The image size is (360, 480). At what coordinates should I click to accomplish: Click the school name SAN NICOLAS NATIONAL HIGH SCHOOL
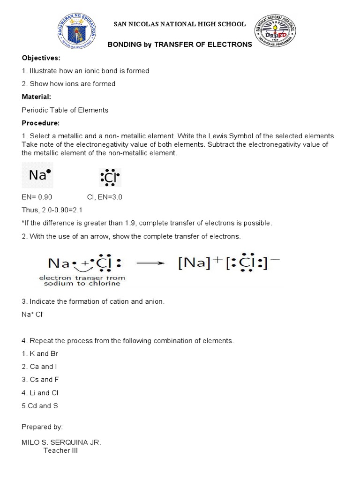pyautogui.click(x=180, y=24)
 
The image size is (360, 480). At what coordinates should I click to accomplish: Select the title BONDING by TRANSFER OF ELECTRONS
pyautogui.click(x=180, y=45)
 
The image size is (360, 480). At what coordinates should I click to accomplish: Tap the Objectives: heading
pyautogui.click(x=41, y=58)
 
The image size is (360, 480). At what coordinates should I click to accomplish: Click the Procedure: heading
pyautogui.click(x=41, y=123)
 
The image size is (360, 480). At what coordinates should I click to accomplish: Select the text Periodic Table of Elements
pyautogui.click(x=65, y=110)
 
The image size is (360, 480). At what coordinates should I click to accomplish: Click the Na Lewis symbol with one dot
pyautogui.click(x=39, y=175)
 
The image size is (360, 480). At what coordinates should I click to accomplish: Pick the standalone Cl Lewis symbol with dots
pyautogui.click(x=110, y=178)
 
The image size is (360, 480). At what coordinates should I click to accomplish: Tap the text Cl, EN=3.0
pyautogui.click(x=105, y=197)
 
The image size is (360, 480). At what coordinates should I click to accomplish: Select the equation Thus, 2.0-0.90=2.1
pyautogui.click(x=52, y=210)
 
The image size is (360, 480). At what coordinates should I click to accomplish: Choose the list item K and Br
pyautogui.click(x=40, y=353)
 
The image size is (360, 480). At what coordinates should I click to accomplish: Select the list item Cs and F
pyautogui.click(x=40, y=380)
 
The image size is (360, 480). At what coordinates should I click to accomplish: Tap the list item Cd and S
pyautogui.click(x=40, y=406)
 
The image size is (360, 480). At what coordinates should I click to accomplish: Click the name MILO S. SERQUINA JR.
pyautogui.click(x=61, y=442)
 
